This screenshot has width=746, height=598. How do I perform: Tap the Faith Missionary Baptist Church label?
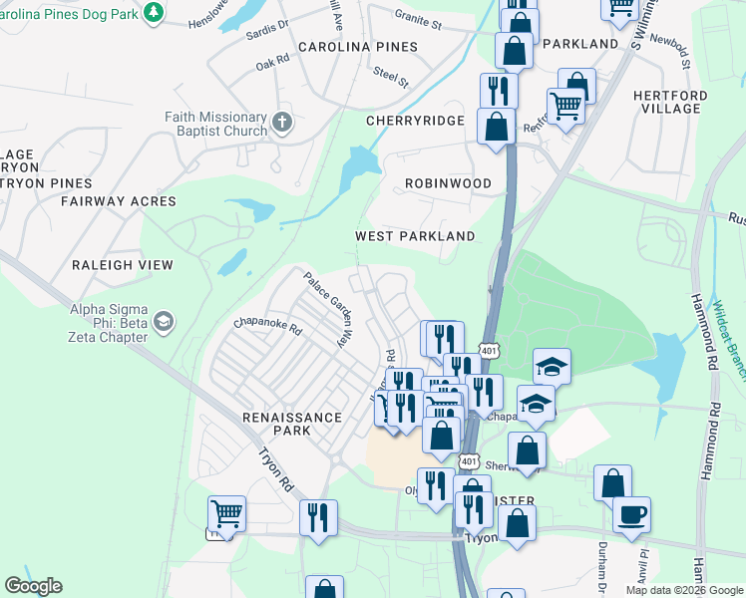pos(215,124)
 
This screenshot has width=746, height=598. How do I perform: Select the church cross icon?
pos(282,123)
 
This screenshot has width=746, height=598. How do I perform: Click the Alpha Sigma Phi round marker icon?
pos(163,321)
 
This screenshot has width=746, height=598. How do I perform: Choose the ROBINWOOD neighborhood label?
pos(448,184)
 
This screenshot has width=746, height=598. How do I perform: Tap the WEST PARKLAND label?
pos(415,236)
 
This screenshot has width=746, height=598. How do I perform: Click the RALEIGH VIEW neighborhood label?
pos(122,265)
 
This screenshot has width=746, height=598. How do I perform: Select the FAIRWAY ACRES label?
pos(118,201)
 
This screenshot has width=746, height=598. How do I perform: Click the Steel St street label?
pos(391,76)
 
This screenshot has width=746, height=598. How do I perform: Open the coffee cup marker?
pos(631,515)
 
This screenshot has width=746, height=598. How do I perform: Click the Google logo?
pos(33,586)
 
